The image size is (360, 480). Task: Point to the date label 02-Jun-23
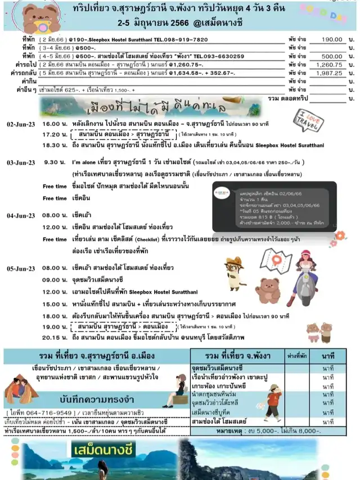(x=20, y=124)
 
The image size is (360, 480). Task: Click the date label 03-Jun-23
(x=20, y=162)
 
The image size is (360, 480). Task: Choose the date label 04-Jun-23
(x=20, y=215)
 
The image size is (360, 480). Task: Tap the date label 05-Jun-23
(x=20, y=268)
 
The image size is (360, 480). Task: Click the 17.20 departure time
(x=53, y=134)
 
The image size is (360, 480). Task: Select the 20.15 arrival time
(x=53, y=337)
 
